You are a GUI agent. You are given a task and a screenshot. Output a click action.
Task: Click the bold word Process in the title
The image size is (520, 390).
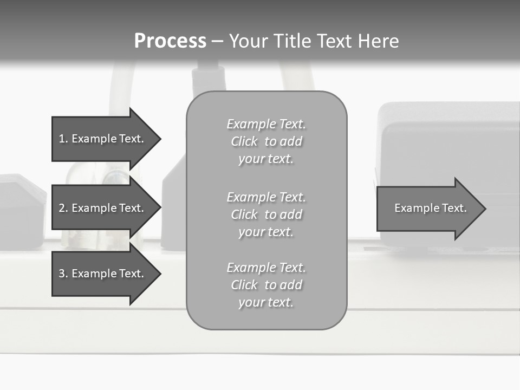point(170,41)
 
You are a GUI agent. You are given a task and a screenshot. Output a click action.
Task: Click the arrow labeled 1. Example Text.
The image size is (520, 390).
point(101,139)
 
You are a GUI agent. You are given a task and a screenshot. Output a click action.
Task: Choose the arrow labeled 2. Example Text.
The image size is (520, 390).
point(101,208)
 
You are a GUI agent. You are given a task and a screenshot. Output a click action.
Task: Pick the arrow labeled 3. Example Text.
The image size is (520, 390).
point(101,274)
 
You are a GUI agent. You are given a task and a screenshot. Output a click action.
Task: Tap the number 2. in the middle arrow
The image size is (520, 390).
point(63,208)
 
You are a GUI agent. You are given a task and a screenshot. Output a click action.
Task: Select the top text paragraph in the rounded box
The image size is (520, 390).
point(266,141)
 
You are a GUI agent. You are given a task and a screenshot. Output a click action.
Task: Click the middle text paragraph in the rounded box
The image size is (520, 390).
point(266,214)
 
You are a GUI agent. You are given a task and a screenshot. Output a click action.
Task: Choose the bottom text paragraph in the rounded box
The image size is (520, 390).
point(266,285)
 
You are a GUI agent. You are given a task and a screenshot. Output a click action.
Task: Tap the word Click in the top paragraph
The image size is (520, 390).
point(244,141)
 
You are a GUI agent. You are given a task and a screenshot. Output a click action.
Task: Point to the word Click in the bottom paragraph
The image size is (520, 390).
point(244,285)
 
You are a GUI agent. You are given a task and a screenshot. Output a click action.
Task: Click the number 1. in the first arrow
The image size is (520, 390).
point(63,139)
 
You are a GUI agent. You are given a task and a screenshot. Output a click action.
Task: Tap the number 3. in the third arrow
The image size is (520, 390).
point(63,274)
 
